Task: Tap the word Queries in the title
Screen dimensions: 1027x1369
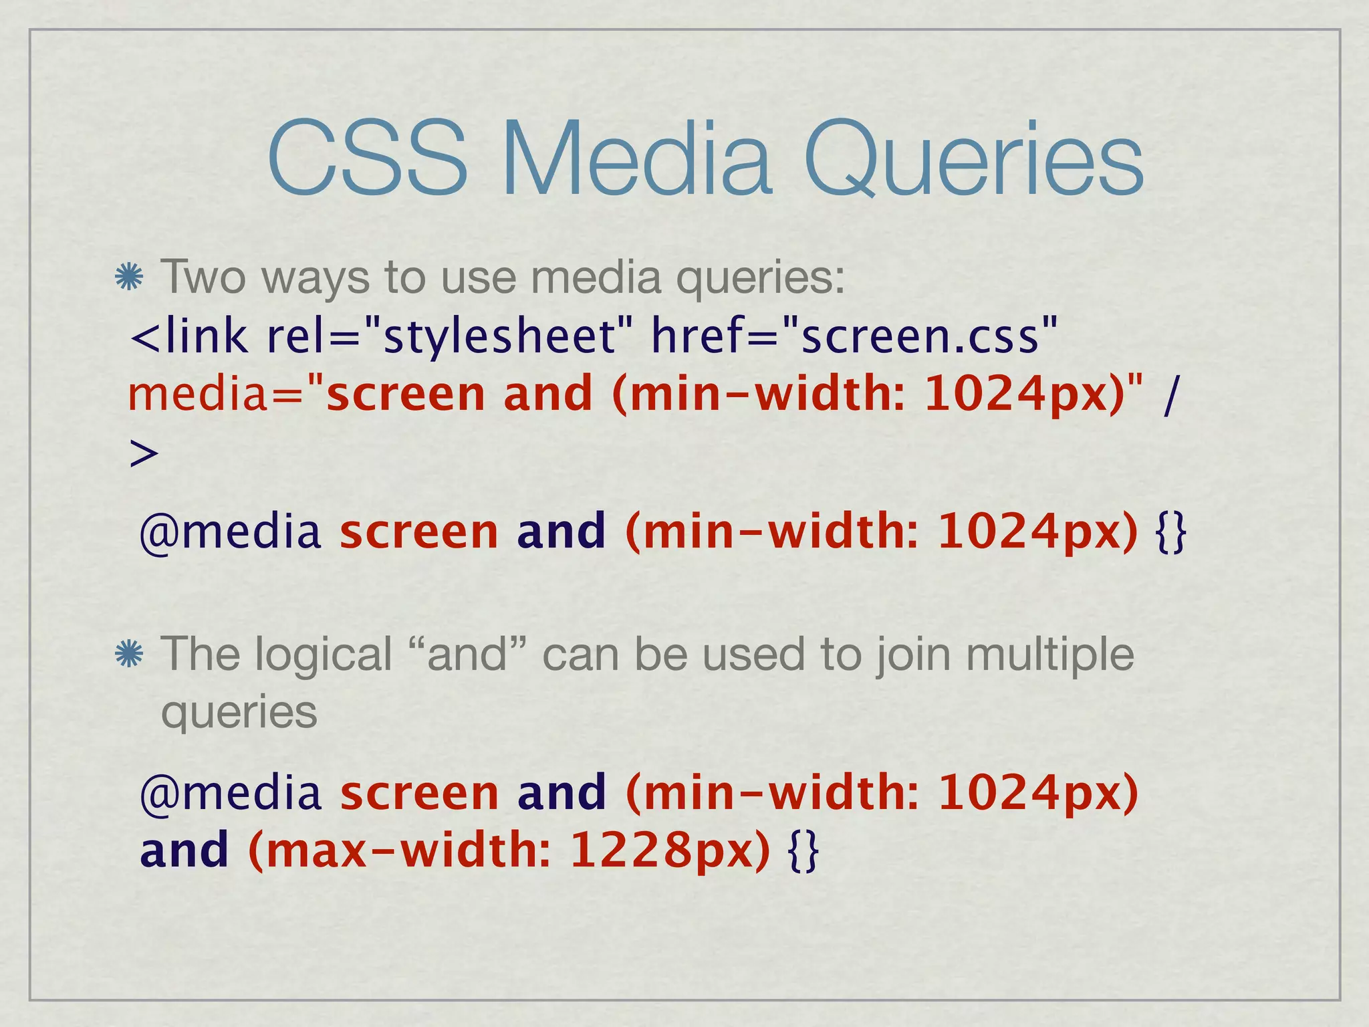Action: coord(973,160)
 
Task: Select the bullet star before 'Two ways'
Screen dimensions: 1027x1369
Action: coord(128,277)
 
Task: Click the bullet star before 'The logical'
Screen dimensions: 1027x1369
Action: coord(128,655)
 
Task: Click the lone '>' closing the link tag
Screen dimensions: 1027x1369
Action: coord(143,454)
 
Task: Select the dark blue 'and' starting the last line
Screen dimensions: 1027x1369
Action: coord(184,851)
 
